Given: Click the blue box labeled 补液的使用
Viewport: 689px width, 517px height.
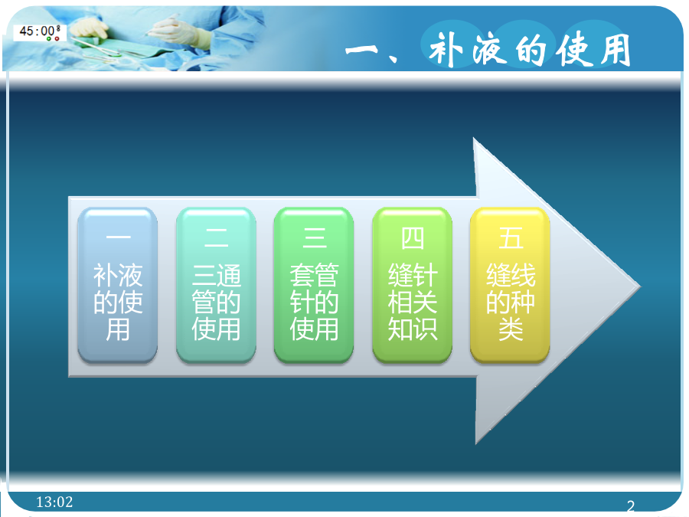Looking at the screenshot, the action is point(117,286).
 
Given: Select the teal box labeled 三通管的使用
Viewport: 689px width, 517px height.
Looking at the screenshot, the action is point(216,286).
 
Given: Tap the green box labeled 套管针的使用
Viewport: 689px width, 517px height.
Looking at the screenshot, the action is point(314,286).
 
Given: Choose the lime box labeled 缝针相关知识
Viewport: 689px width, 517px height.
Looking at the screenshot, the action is point(412,286).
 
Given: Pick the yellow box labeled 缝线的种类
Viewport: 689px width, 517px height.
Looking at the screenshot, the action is point(510,286).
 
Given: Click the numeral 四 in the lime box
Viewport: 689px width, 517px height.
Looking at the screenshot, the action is point(412,238).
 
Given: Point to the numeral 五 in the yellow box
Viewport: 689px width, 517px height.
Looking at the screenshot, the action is point(511,238).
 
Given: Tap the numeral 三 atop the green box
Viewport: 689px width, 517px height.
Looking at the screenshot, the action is point(314,238).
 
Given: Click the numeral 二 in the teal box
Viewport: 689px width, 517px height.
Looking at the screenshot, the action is point(216,238).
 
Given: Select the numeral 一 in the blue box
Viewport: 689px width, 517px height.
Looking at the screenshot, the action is point(118,237).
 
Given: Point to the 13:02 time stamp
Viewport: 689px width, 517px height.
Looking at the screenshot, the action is point(54,502).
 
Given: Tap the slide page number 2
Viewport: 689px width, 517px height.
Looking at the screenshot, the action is point(631,506).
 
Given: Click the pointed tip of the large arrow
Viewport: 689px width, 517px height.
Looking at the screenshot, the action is point(641,287).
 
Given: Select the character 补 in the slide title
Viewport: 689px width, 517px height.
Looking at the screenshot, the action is point(446,50).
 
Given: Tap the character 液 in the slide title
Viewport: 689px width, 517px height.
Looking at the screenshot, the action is point(488,49).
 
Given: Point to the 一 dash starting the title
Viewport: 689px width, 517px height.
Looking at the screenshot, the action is point(361,50).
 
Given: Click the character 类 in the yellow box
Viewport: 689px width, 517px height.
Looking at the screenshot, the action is point(511,329).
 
